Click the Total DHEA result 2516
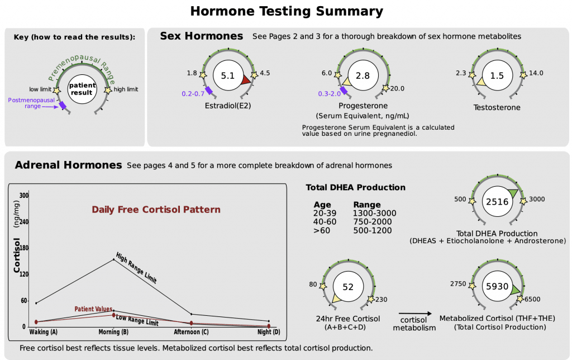(x=497, y=202)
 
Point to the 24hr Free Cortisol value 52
(x=348, y=287)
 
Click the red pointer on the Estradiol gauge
(x=246, y=82)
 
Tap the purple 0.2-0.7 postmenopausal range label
(x=192, y=93)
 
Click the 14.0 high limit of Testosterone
(x=536, y=73)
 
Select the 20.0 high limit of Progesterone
(x=398, y=88)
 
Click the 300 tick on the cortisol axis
(x=24, y=196)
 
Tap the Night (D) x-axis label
(x=268, y=332)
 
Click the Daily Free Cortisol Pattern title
(x=156, y=210)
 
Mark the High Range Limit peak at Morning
(x=114, y=259)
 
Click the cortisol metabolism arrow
(x=414, y=314)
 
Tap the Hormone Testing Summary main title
(x=287, y=11)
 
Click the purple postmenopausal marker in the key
(x=63, y=104)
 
